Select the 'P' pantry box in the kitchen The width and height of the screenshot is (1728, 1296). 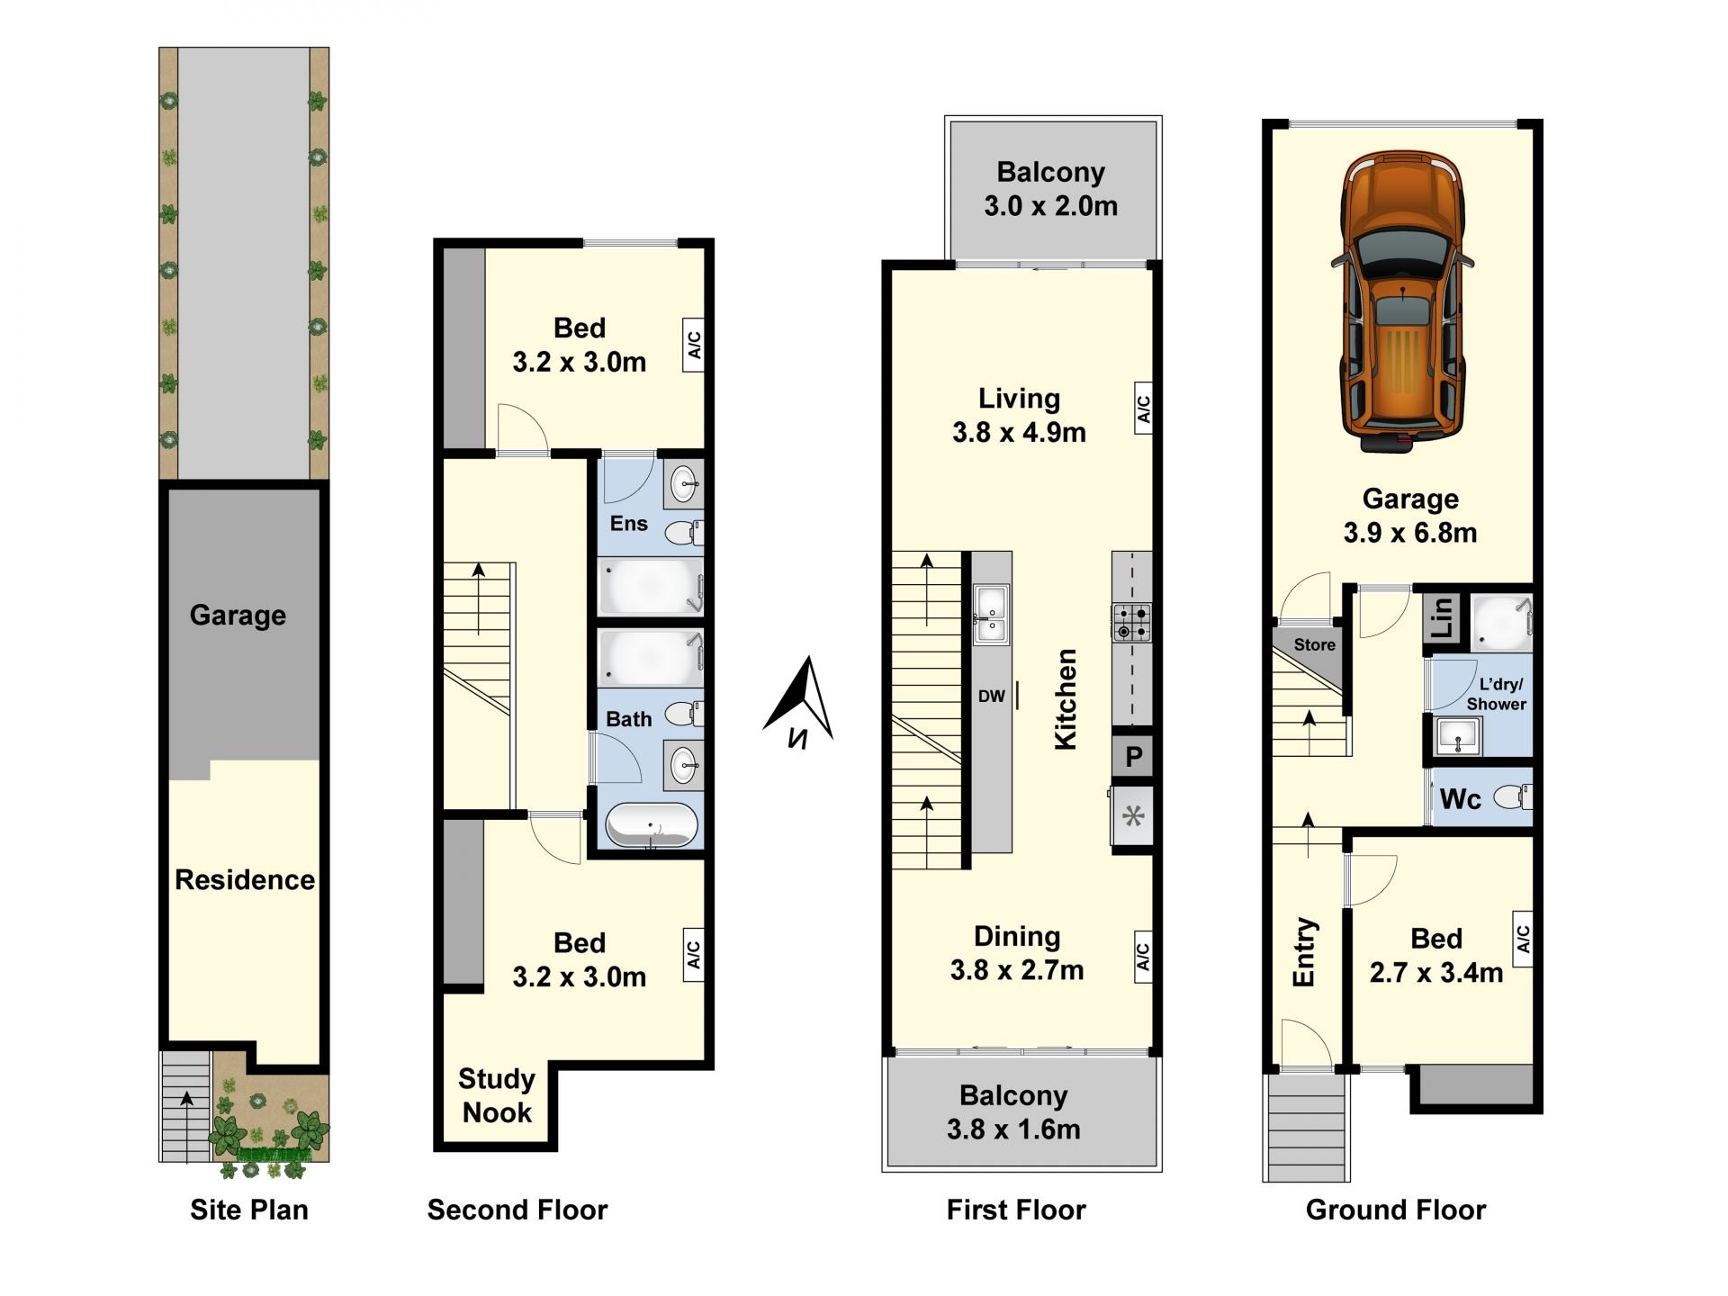click(1133, 757)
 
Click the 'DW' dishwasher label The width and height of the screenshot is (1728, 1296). click(991, 696)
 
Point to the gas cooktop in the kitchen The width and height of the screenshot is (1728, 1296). click(1132, 622)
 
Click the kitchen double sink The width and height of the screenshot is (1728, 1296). click(991, 614)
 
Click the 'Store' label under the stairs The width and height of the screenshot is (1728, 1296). click(1314, 644)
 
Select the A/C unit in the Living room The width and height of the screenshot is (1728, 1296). click(1143, 409)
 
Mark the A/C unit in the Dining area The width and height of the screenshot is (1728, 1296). click(1143, 957)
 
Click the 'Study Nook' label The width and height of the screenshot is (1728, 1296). click(497, 1095)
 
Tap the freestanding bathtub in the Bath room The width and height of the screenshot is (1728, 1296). click(652, 825)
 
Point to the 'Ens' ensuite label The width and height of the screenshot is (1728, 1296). click(628, 524)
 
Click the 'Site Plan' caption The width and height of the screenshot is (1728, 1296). click(249, 1210)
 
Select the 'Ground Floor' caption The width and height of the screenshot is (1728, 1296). click(1396, 1210)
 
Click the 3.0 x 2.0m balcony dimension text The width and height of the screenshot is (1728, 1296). click(1051, 206)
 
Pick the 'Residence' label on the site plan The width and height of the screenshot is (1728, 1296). click(245, 879)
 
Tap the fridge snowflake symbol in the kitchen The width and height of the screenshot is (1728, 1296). click(1133, 816)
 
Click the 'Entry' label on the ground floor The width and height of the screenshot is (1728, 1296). click(1304, 952)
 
